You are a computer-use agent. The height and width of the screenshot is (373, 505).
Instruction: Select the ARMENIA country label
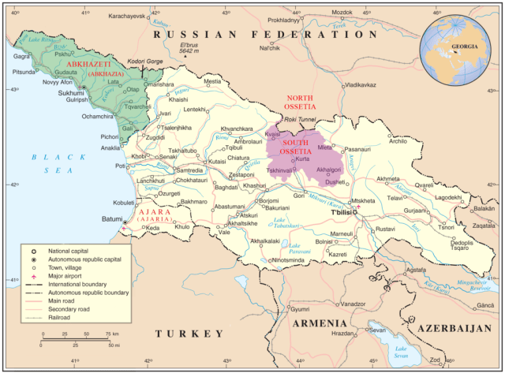320,324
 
